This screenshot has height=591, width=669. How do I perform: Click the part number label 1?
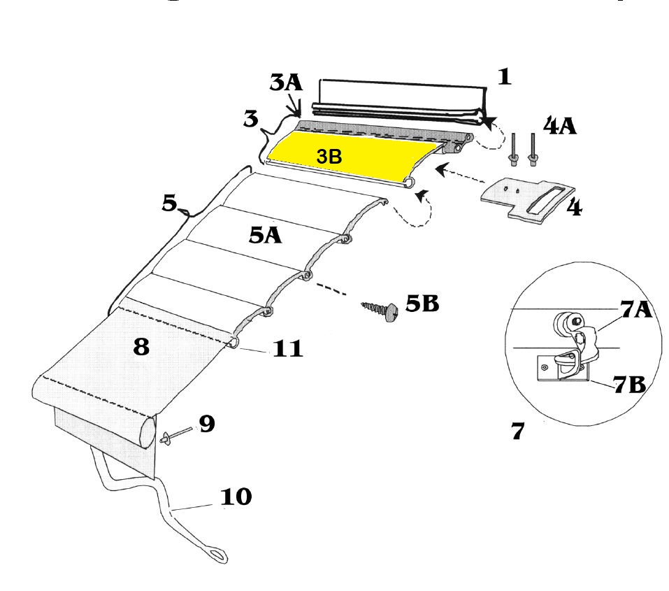pyautogui.click(x=504, y=76)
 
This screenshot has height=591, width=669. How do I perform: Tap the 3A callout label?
pyautogui.click(x=286, y=84)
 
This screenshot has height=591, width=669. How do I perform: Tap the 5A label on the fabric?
pyautogui.click(x=265, y=236)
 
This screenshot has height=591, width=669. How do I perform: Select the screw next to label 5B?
pyautogui.click(x=380, y=309)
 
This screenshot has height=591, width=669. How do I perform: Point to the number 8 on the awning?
pyautogui.click(x=141, y=347)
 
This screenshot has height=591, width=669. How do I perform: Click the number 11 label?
pyautogui.click(x=287, y=348)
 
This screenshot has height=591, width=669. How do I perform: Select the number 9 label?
pyautogui.click(x=207, y=424)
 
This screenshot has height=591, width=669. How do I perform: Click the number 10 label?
pyautogui.click(x=236, y=497)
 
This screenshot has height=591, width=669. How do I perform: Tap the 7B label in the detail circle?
pyautogui.click(x=633, y=385)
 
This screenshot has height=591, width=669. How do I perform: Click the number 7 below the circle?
pyautogui.click(x=517, y=432)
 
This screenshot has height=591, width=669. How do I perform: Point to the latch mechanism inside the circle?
pyautogui.click(x=570, y=343)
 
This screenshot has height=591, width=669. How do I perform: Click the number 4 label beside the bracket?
pyautogui.click(x=574, y=208)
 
